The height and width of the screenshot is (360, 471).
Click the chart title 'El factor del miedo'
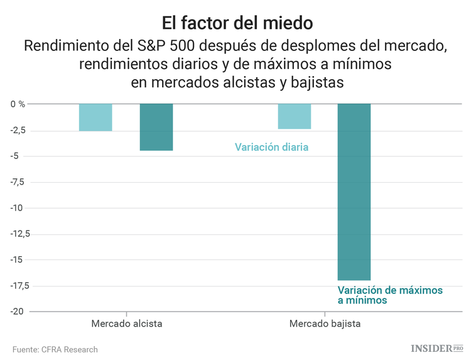point(235,24)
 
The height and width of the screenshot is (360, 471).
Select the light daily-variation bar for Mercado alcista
point(95,117)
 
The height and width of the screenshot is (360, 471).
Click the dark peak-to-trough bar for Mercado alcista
point(156,127)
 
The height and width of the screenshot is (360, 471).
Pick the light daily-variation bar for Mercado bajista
point(295,116)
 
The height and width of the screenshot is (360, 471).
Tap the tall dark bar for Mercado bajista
point(354,192)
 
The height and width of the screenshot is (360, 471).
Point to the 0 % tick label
point(18,104)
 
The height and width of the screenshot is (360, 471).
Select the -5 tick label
point(19,156)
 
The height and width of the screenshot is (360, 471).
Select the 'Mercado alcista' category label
point(126,324)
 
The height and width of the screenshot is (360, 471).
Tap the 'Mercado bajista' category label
point(325,324)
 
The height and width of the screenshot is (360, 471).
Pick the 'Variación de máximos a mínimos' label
point(390,295)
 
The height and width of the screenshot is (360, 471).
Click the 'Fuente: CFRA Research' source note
point(55,349)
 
